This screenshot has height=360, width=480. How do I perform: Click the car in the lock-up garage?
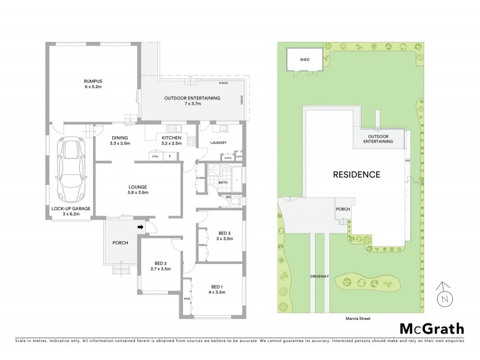click(70, 170)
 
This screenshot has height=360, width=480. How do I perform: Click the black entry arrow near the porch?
click(141, 227)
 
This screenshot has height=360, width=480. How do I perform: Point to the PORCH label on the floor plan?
click(121, 243)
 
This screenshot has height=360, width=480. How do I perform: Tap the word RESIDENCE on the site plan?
click(357, 175)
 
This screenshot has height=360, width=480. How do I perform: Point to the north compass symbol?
click(443, 295)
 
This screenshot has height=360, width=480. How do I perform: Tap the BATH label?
click(222, 182)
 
